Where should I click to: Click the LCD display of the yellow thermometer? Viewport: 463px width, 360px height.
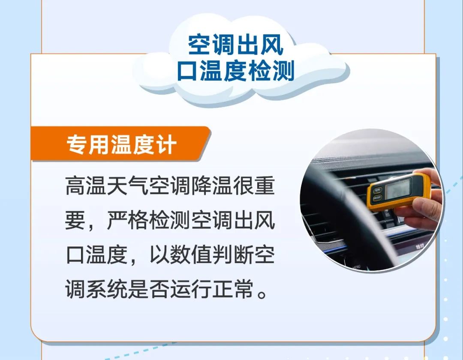pos(398,189)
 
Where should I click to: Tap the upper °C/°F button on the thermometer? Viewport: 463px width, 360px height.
pos(377,190)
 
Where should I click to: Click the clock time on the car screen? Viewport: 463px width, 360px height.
pos(420,246)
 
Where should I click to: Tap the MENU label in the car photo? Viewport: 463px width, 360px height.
pos(356,267)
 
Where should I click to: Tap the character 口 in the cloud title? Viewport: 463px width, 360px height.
pos(188,71)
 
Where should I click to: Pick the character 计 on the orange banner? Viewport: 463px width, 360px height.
pos(166,144)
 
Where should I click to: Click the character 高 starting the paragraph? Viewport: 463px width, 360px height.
pos(75,186)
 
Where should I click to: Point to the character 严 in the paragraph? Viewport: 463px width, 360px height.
pos(117,220)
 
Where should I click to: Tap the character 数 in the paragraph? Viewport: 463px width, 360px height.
pos(180,255)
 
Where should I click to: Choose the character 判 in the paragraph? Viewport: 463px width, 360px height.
pos(222,255)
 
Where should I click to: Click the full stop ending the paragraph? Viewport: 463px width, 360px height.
pos(262,294)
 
